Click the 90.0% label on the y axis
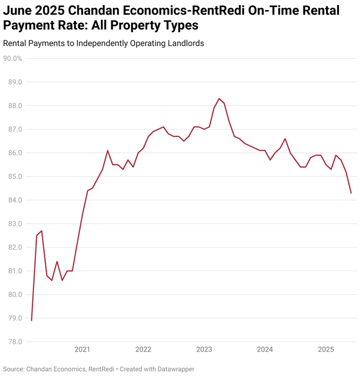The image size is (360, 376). click(12, 58)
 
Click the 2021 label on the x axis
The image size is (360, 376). click(82, 349)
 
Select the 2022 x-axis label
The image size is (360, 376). click(143, 349)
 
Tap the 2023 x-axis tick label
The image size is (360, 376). click(204, 349)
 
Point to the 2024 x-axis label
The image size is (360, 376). click(265, 349)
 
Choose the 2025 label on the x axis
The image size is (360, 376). click(326, 349)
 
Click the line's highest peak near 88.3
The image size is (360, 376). click(219, 99)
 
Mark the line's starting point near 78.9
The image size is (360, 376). click(32, 320)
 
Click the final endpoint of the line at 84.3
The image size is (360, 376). click(351, 193)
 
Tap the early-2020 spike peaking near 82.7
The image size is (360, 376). click(42, 231)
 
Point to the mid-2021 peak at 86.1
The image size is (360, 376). click(107, 151)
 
